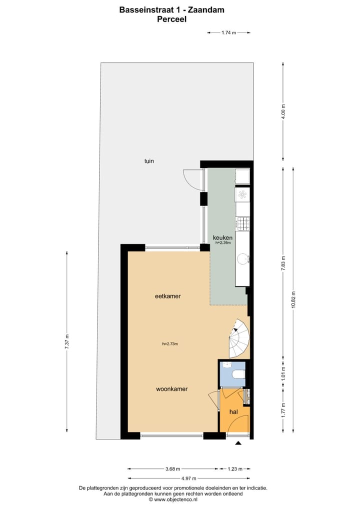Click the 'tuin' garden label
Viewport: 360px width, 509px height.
[x=149, y=161]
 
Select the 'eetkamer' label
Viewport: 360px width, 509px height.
[x=167, y=296]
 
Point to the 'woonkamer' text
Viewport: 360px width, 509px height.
[x=171, y=388]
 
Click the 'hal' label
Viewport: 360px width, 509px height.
[x=233, y=411]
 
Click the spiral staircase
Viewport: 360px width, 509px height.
[x=238, y=337]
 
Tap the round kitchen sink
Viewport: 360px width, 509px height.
[x=242, y=258]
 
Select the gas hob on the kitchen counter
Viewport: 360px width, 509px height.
[x=242, y=223]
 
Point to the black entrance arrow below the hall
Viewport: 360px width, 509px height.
[x=238, y=443]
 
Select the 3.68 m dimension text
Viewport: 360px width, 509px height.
[x=172, y=469]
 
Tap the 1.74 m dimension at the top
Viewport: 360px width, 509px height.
[x=229, y=32]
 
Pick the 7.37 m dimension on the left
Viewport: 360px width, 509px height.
[x=67, y=341]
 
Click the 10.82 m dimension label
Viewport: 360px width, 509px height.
[x=293, y=300]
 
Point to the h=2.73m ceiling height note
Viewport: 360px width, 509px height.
[x=170, y=343]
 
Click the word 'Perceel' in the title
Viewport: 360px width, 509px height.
[x=171, y=19]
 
